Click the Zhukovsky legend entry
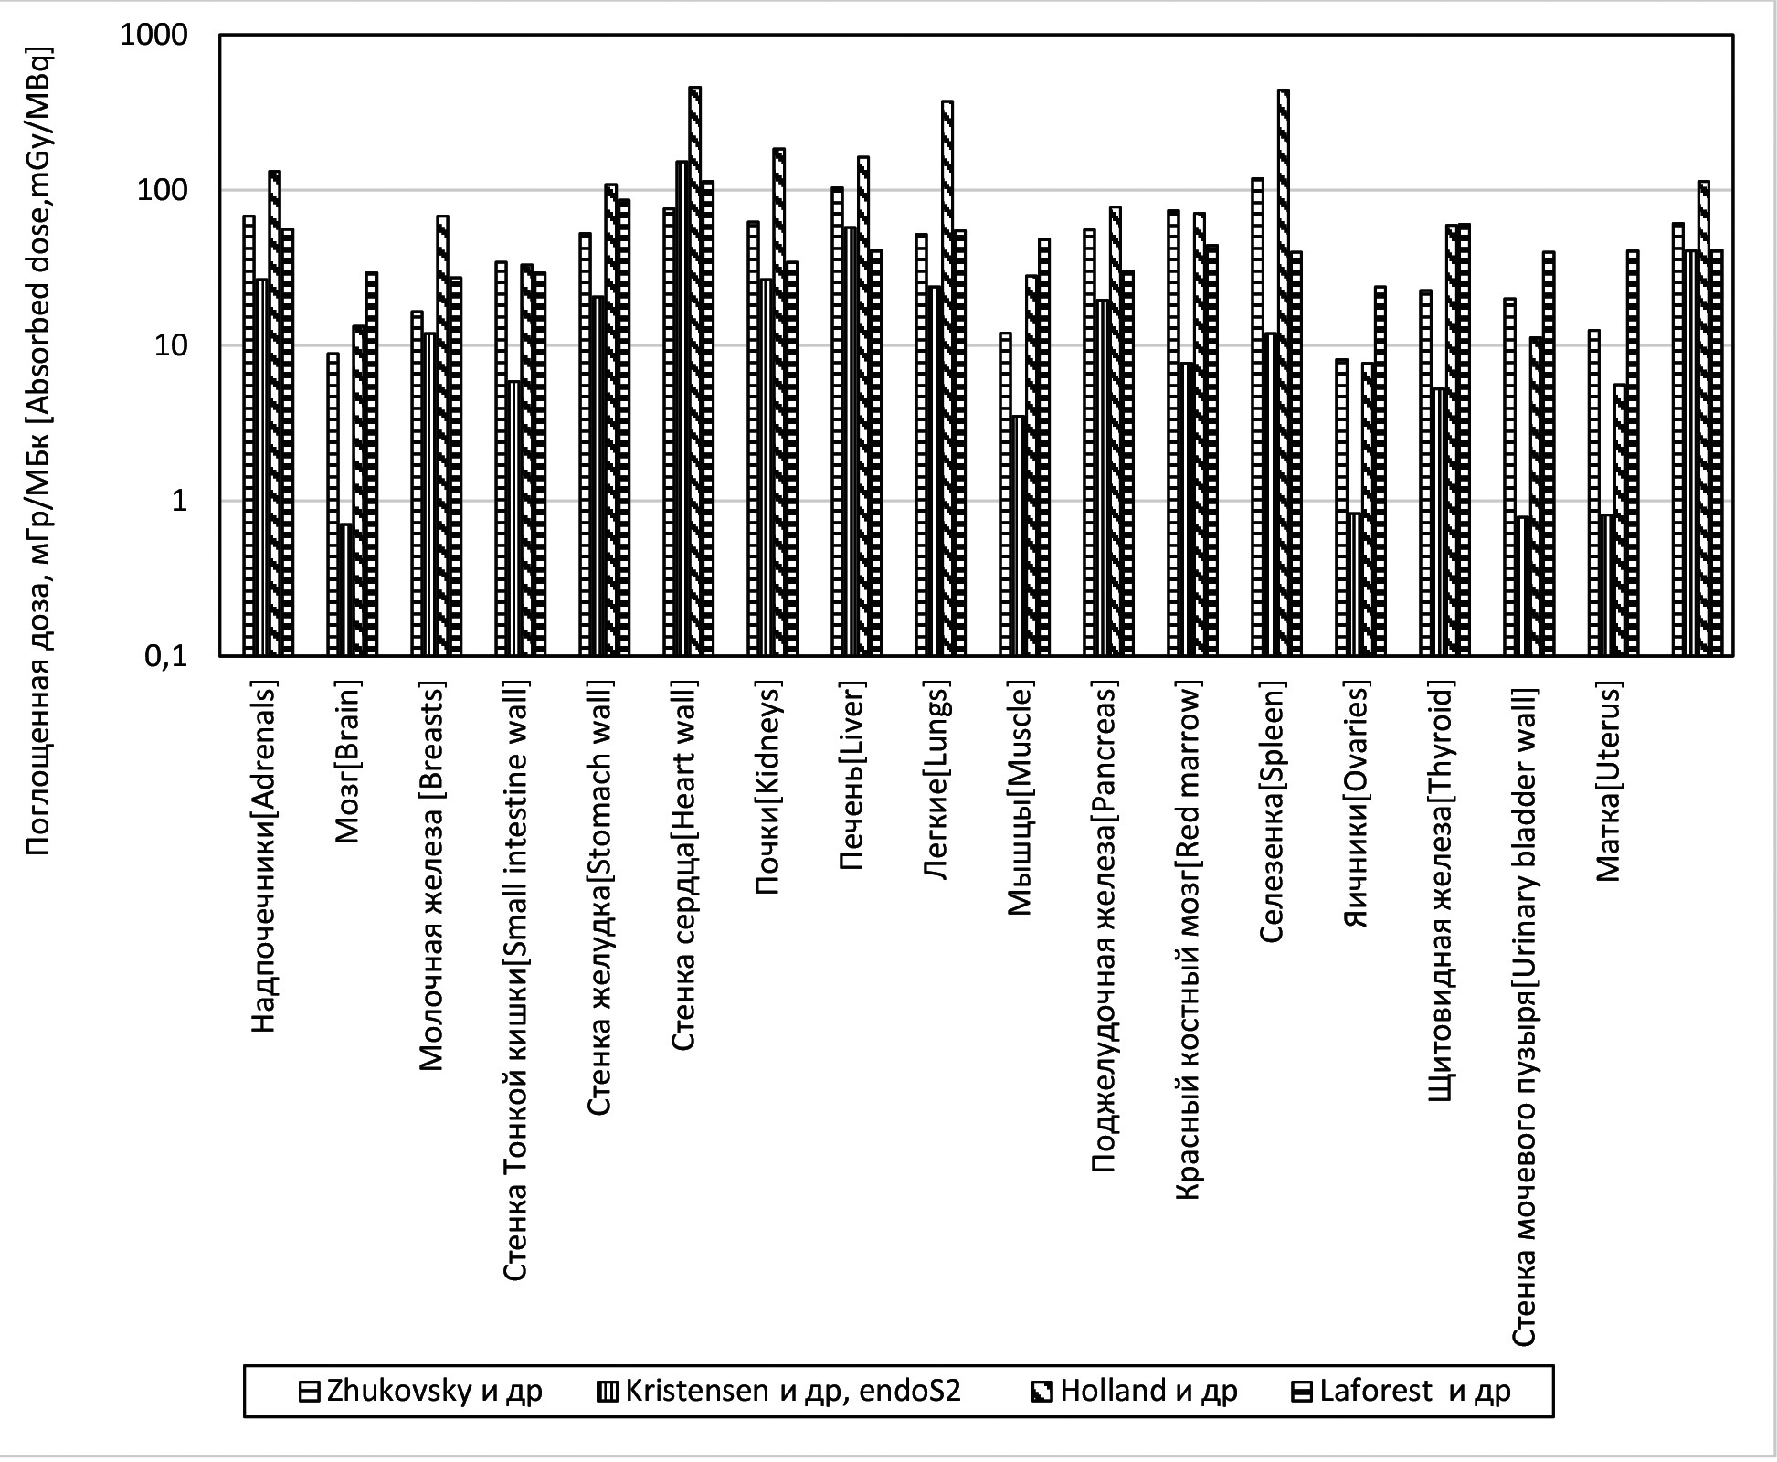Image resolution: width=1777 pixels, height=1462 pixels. coord(420,1392)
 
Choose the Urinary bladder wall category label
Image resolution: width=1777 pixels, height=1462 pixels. coord(1524,1014)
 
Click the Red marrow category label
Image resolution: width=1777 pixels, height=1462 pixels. coord(1188,941)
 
